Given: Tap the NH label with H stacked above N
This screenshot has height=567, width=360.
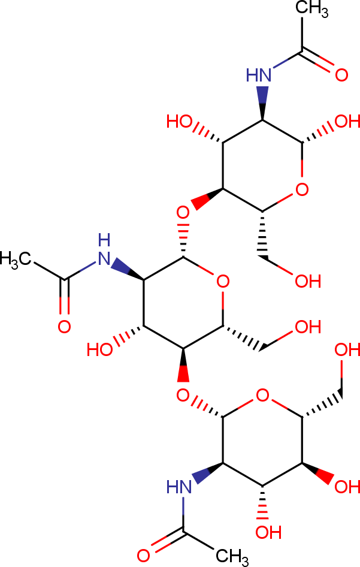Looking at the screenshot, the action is pos(104,249).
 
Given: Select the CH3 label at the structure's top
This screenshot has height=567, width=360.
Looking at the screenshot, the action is pos(312,8).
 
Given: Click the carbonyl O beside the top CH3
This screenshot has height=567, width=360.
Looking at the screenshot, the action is pos(341,75).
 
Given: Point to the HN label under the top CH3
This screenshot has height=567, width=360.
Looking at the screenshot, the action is pos(258,75).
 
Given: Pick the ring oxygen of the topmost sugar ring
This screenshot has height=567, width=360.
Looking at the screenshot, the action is pos(302,189).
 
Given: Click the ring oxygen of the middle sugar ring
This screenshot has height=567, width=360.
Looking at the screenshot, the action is pos(223,281).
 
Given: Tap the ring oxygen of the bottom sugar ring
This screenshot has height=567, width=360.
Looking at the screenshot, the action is pos(262,395).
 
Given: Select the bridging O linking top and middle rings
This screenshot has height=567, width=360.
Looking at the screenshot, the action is pos(183,212).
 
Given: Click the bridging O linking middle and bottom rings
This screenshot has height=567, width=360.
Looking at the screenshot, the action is pos(183,395).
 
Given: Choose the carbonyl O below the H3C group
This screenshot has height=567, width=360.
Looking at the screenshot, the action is pos(64,327).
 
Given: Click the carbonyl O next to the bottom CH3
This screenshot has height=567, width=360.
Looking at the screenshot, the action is pos(144,556).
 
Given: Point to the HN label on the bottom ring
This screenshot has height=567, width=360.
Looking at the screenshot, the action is pos(179,487).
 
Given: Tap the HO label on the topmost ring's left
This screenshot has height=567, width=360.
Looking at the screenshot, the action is pos(179,122).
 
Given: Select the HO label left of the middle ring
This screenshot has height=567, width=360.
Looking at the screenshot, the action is pos(100,350).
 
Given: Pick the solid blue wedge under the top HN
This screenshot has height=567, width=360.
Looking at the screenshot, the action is pos(263,102).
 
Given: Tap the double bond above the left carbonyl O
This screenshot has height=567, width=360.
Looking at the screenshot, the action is pos(64,297).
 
